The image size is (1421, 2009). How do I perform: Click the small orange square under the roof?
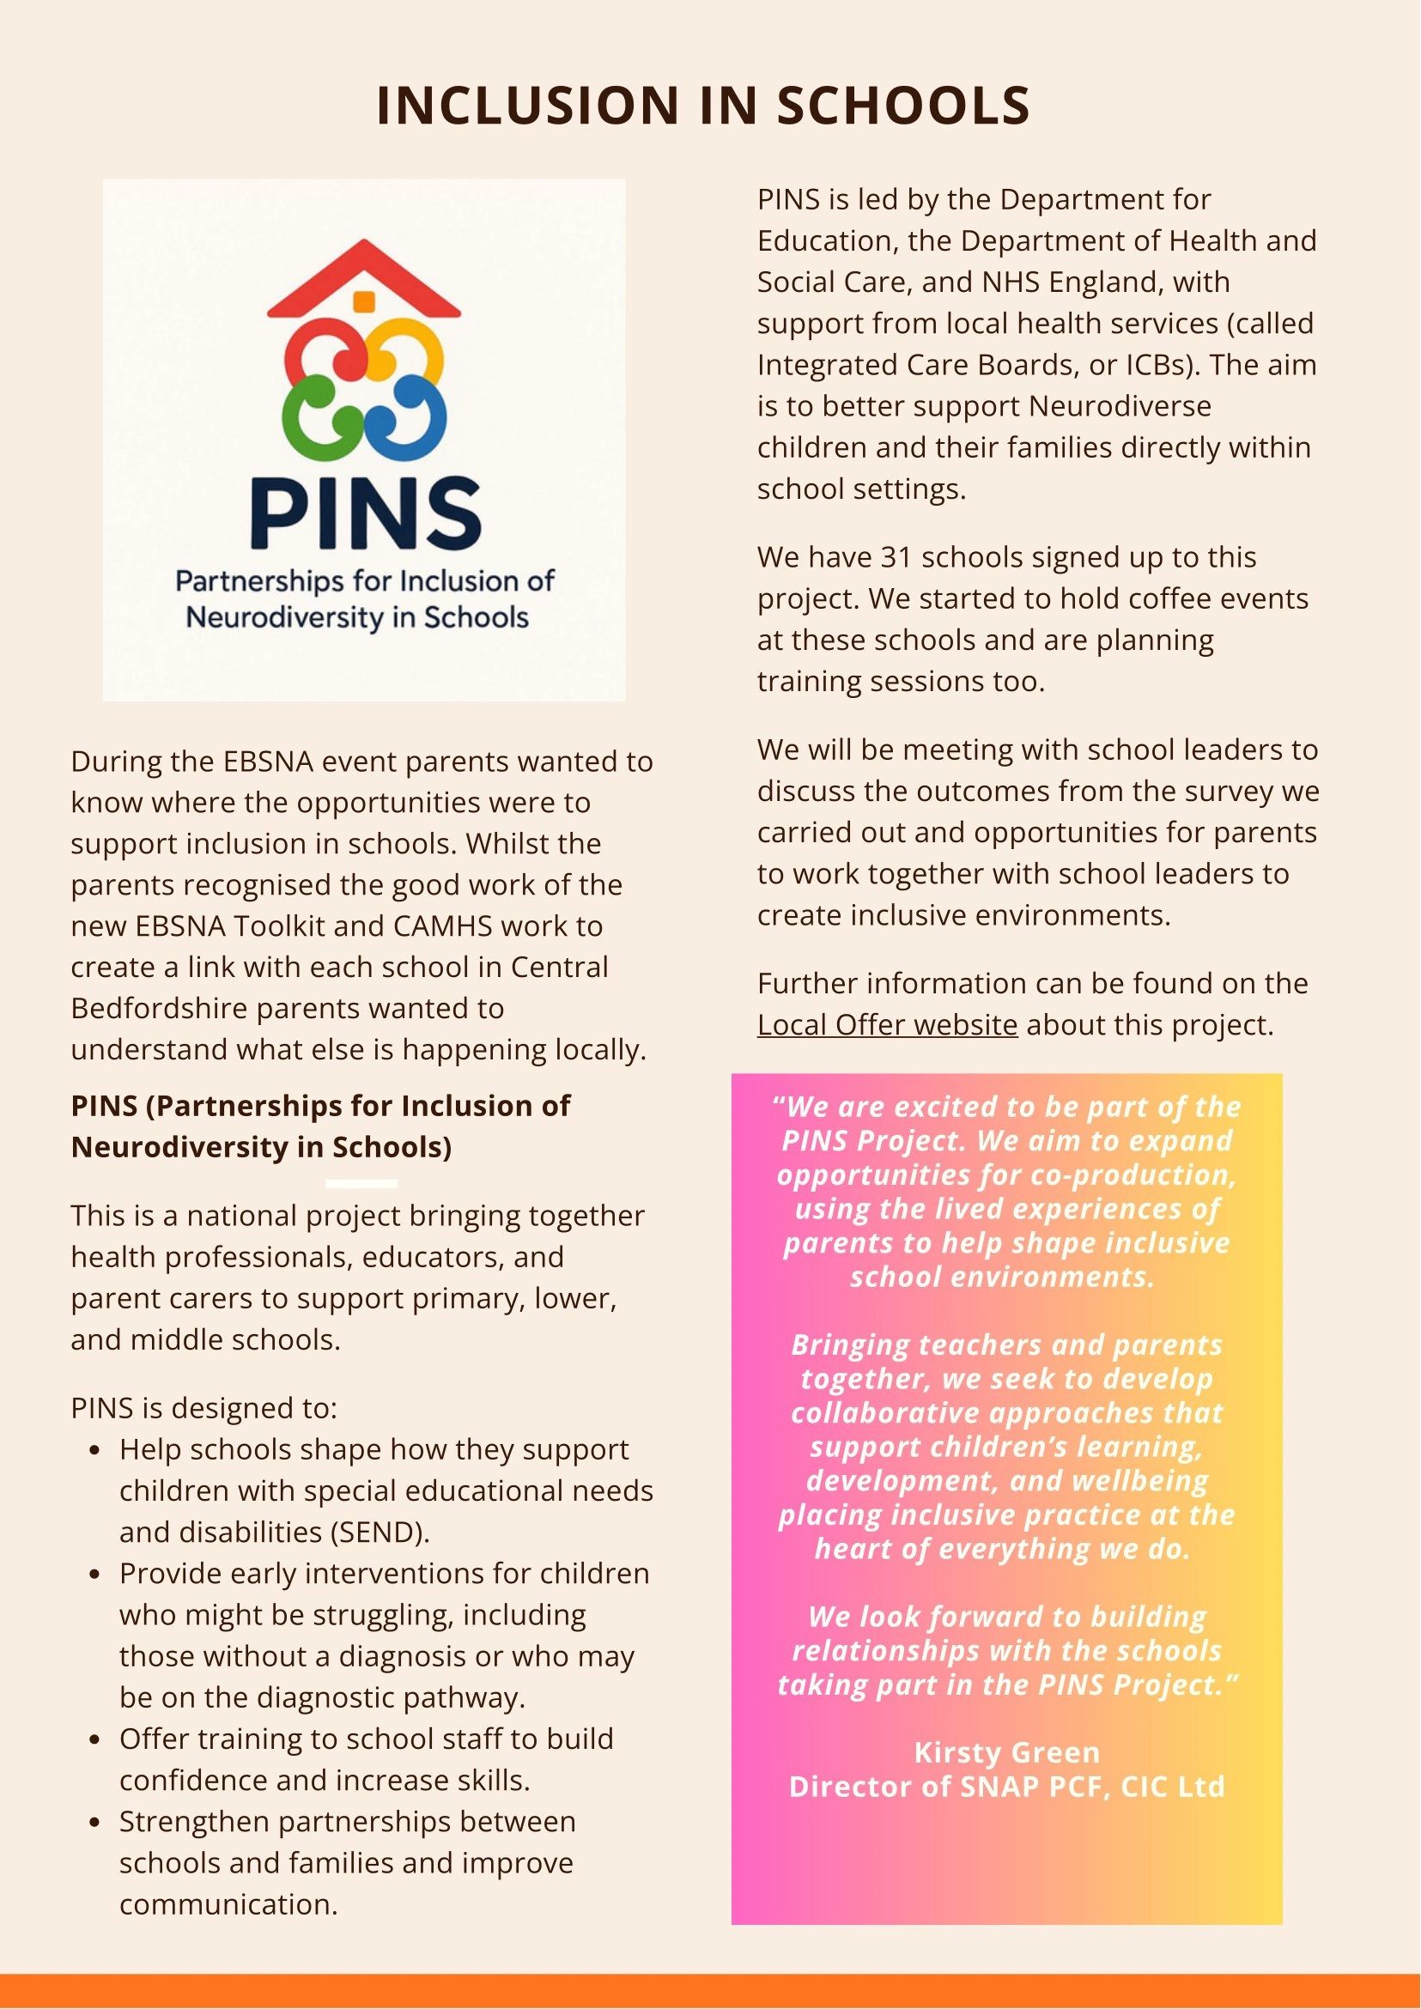[x=364, y=301]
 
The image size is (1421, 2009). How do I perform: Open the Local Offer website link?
[x=886, y=1024]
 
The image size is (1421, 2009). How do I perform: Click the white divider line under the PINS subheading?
[x=361, y=1184]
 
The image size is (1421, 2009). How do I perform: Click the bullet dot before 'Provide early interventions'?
[x=96, y=1575]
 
